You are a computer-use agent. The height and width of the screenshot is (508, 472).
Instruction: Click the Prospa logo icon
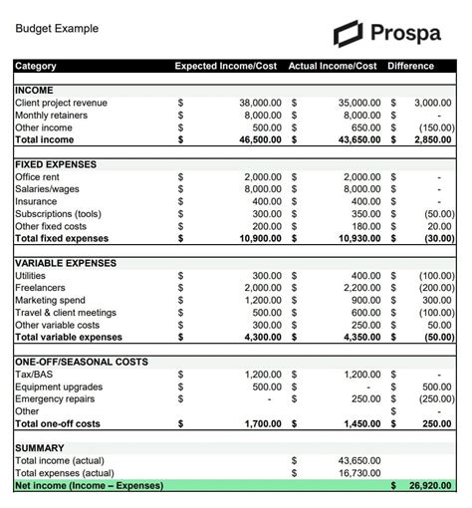349,33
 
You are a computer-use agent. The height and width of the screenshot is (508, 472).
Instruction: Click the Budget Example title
57,29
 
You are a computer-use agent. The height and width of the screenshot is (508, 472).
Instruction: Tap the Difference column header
411,67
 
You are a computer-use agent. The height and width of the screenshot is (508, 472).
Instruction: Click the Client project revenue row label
61,103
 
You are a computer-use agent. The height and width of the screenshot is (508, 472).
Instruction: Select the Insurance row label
37,201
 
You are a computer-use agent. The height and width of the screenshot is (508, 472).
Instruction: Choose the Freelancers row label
41,288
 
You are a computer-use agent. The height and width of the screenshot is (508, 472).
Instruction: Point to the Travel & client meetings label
66,313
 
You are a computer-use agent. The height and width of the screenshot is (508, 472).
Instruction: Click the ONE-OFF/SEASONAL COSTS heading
82,362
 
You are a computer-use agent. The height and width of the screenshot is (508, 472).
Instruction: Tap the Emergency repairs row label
55,398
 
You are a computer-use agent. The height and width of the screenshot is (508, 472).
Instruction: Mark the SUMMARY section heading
40,448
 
